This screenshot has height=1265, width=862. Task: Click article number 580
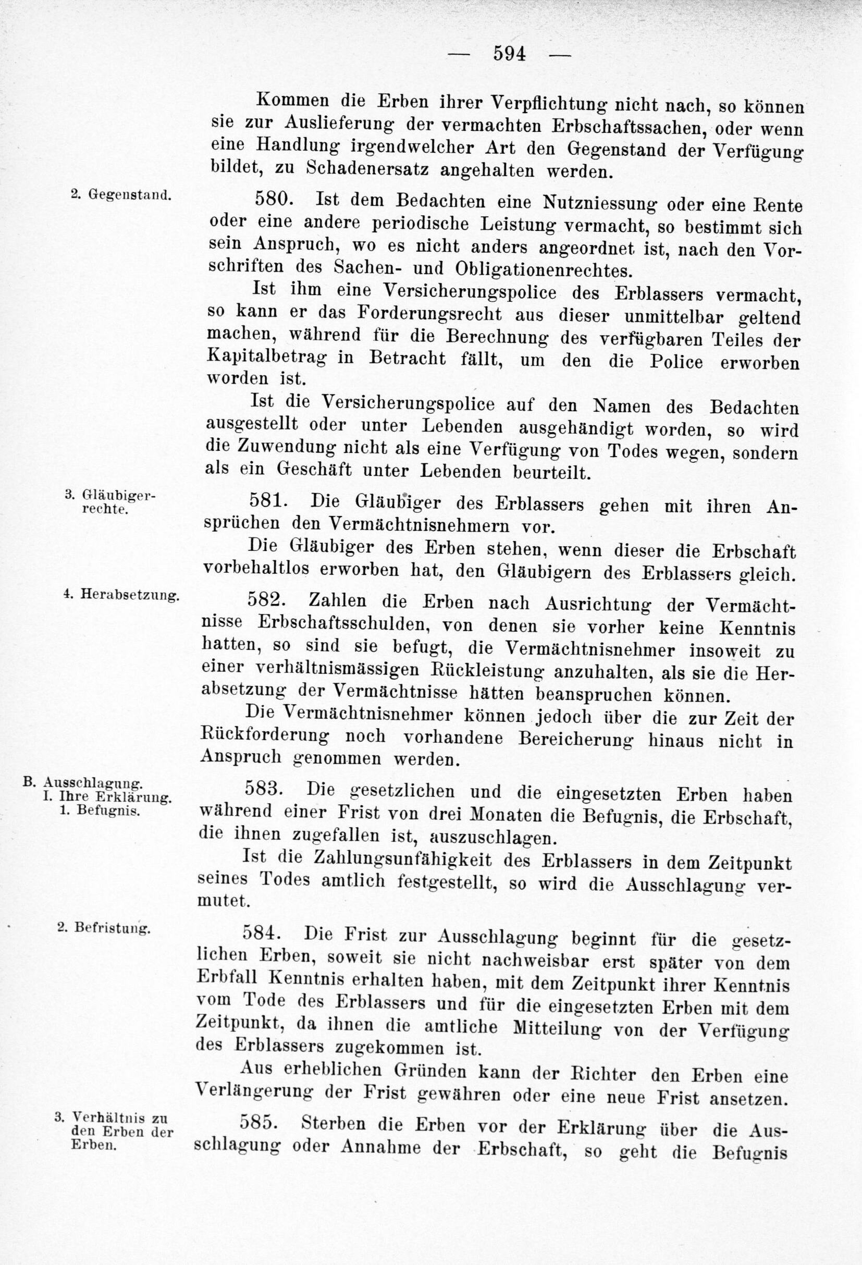pos(274,199)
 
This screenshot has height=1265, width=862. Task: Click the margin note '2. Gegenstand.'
pos(121,194)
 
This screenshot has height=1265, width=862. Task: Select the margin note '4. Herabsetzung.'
pos(121,594)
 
